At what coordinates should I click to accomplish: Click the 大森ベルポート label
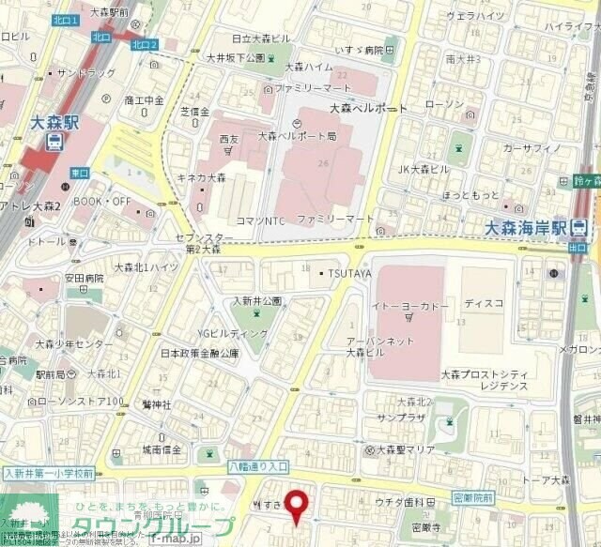click(x=369, y=109)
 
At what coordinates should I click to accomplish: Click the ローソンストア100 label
click(x=80, y=402)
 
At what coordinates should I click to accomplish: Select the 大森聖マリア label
click(x=399, y=449)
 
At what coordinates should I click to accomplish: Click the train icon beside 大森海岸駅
click(x=579, y=227)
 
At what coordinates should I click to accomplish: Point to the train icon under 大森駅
click(x=55, y=143)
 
